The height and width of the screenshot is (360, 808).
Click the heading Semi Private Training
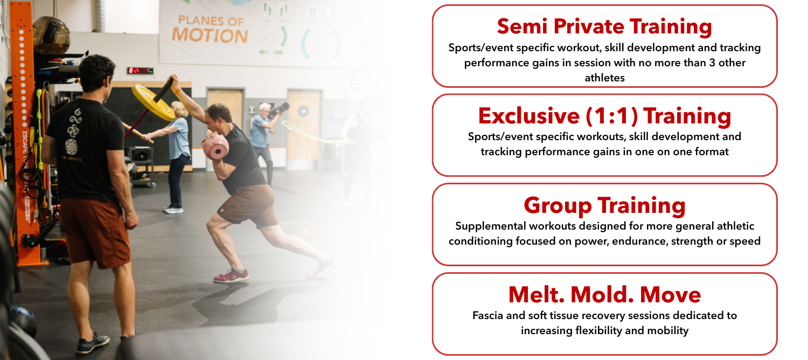[x=604, y=27]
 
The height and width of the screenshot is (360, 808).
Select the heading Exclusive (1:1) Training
[x=604, y=116]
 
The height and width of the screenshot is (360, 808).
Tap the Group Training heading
[x=604, y=206]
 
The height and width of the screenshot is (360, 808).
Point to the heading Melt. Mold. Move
[x=604, y=294]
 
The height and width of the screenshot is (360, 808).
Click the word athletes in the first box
[x=604, y=78]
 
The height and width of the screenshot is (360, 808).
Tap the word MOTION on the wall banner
[x=210, y=36]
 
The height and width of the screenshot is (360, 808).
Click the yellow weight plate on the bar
[x=153, y=102]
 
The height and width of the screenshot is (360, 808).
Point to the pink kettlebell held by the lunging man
[x=215, y=147]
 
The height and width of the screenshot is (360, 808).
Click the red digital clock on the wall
[x=140, y=71]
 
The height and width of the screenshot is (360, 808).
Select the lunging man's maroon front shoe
[x=231, y=276]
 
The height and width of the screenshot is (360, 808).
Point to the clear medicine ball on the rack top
[x=51, y=34]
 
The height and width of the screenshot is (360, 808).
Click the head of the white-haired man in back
[x=265, y=110]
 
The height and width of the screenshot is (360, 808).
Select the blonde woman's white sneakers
[x=173, y=210]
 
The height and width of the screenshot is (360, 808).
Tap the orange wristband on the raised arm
[x=177, y=91]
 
